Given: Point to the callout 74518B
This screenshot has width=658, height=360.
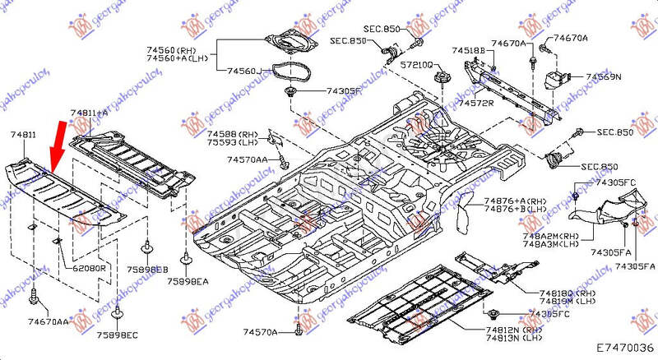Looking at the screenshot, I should tap(468, 52).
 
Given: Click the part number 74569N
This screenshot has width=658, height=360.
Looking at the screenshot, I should tap(604, 76).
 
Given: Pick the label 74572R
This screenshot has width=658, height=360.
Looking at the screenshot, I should tap(476, 104).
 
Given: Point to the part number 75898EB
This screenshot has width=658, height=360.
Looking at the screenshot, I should tap(150, 269).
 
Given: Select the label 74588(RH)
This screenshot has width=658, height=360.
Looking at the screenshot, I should tap(232, 133).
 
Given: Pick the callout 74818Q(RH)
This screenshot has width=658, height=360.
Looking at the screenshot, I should tap(545, 293).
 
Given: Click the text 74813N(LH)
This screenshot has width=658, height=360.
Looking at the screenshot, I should tap(514, 338).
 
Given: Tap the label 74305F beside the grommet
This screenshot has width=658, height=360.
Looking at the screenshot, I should tap(344, 90).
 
